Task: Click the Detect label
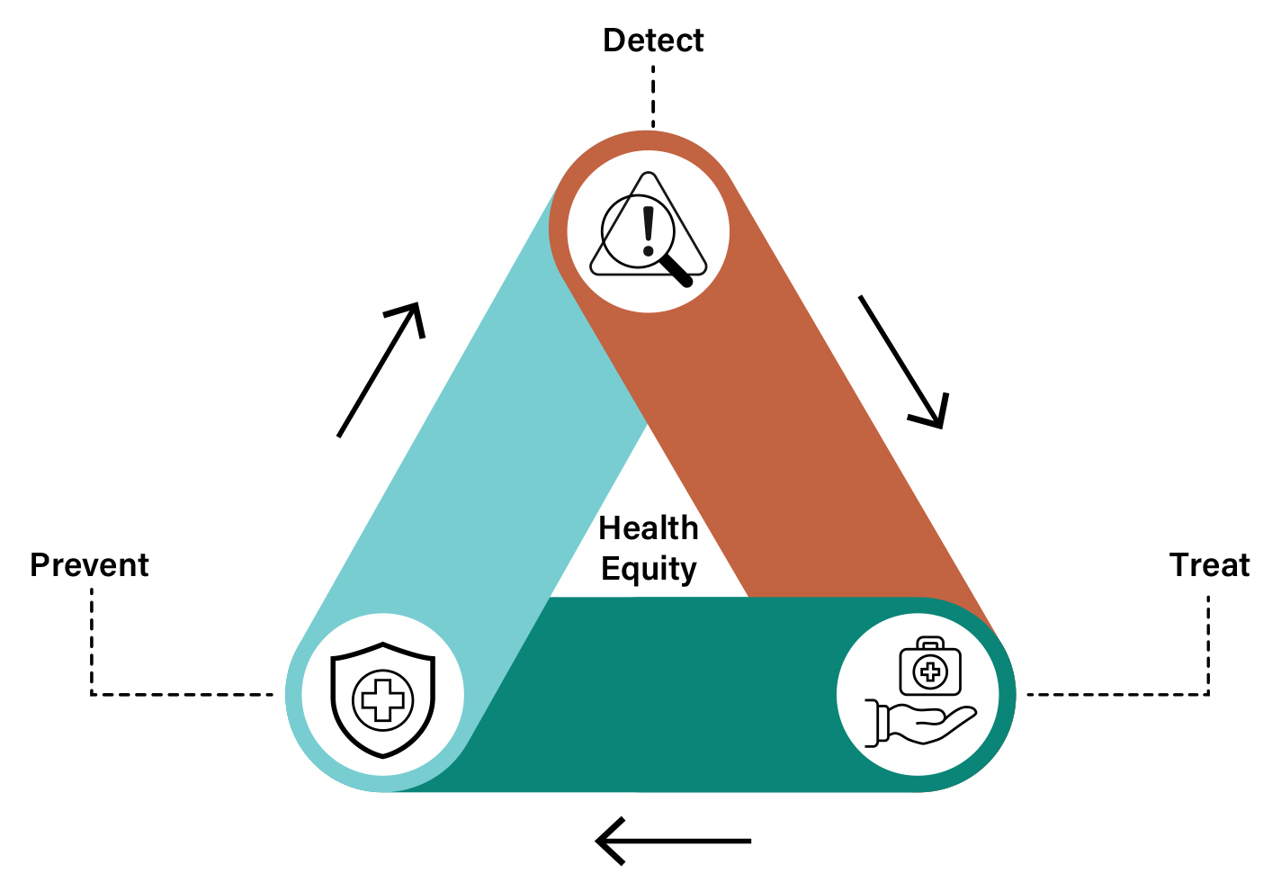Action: point(653,41)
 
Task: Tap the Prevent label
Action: point(89,565)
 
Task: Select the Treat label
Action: point(1209,565)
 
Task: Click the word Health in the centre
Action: point(649,528)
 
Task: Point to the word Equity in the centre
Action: point(649,570)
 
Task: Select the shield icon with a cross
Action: point(383,699)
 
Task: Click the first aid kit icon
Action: point(930,667)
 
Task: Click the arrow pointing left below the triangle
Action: point(673,842)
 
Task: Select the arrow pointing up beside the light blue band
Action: point(381,369)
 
